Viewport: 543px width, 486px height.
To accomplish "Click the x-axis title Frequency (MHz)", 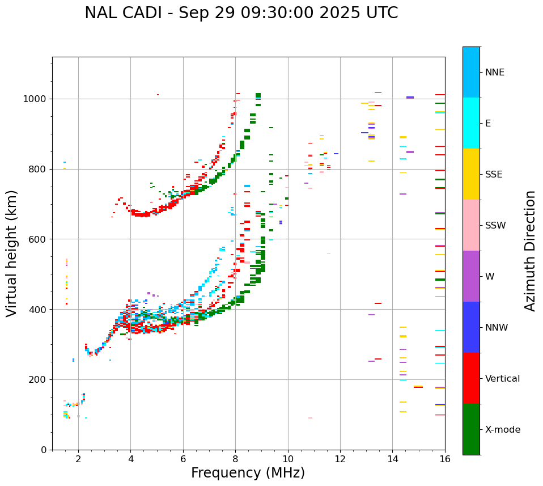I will (248, 473).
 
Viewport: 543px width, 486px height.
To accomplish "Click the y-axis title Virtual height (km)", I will (12, 253).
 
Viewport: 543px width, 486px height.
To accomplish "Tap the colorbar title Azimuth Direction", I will (530, 251).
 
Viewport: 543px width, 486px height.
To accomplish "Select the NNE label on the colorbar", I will (494, 73).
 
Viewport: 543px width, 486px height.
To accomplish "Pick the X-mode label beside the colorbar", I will (502, 430).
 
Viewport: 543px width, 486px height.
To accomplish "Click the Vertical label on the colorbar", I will (502, 379).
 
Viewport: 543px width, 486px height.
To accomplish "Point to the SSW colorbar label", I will (495, 226).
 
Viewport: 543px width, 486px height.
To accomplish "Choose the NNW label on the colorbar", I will (497, 328).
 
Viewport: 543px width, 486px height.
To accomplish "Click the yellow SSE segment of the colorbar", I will (471, 174).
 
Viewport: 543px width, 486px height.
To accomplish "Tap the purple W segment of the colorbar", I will (471, 276).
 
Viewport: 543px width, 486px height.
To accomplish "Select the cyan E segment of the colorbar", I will (471, 123).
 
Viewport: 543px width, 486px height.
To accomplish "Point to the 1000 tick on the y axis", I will (36, 99).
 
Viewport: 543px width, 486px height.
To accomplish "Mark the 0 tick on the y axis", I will (44, 450).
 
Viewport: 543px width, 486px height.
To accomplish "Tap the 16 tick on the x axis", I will (445, 459).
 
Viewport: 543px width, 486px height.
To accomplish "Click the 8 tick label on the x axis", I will (235, 459).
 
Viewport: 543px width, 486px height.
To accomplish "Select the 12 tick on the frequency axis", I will (340, 459).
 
